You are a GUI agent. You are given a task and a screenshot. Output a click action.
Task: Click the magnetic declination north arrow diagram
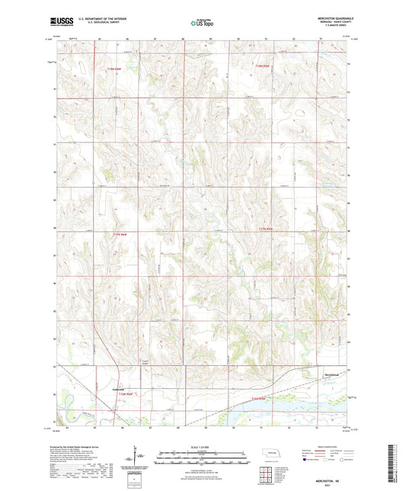139,457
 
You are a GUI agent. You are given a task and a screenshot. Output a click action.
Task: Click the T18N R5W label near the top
264,66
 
